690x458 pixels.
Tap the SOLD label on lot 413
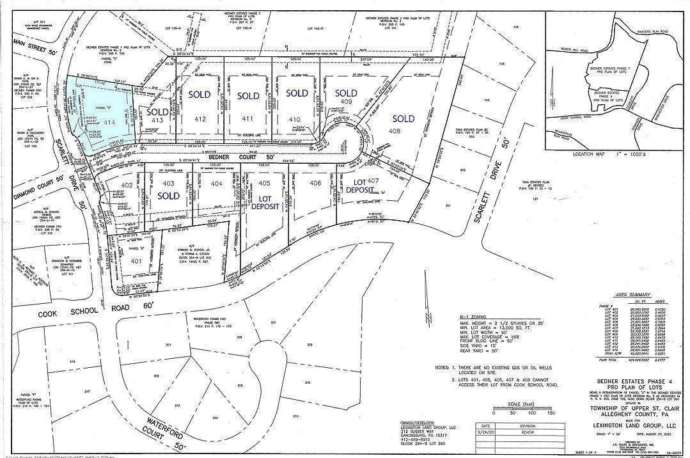[x=157, y=111]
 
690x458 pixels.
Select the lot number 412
[x=200, y=119]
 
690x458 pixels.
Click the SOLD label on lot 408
[x=404, y=118]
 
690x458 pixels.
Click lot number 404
[x=217, y=184]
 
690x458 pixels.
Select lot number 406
[x=315, y=184]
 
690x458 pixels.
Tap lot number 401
[x=135, y=261]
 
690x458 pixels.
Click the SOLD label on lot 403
[x=168, y=195]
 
